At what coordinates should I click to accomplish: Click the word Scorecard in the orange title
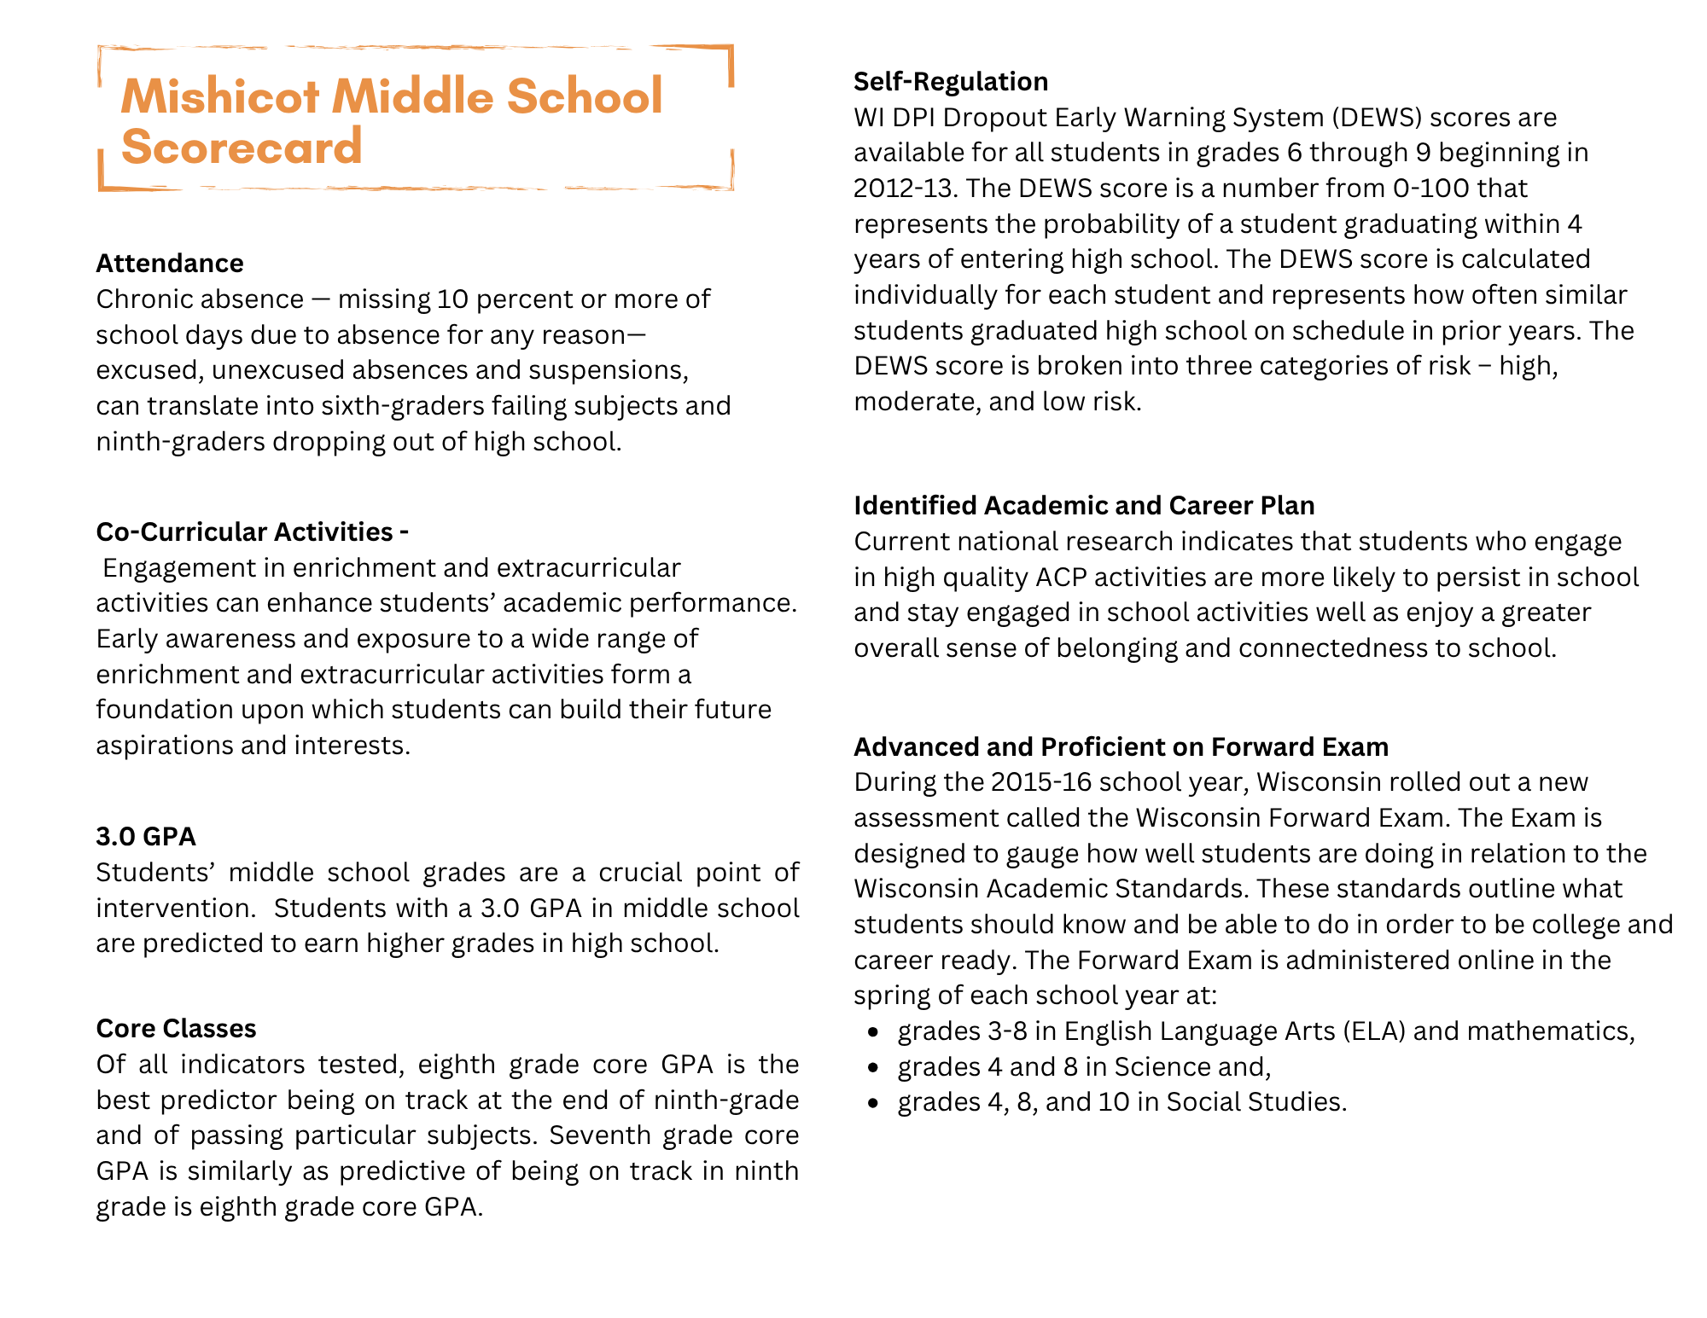point(242,147)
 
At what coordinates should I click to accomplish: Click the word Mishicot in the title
point(220,96)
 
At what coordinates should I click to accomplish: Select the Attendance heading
point(170,264)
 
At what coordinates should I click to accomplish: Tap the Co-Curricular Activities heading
point(252,532)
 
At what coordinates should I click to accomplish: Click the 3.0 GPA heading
point(146,837)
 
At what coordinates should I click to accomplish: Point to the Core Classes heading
point(176,1029)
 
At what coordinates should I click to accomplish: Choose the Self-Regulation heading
point(951,82)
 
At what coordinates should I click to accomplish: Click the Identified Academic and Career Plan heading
point(1084,506)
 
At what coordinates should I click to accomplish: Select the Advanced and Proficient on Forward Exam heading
point(1121,747)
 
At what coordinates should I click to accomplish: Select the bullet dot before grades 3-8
point(872,1032)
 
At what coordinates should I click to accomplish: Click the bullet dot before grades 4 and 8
point(872,1068)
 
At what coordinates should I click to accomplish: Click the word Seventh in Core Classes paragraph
point(602,1135)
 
